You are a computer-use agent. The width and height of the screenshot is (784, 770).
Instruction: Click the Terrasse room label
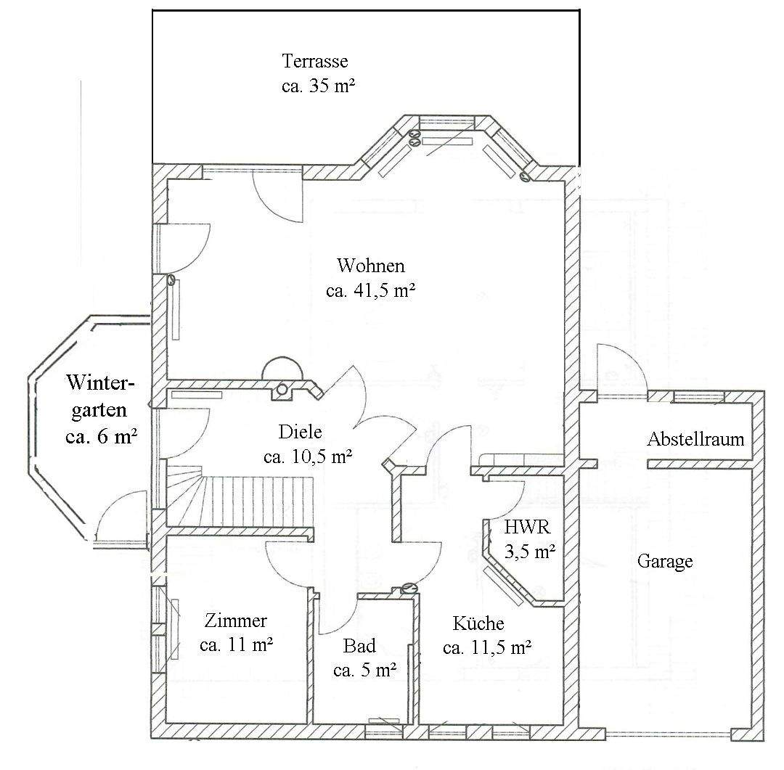[x=315, y=61]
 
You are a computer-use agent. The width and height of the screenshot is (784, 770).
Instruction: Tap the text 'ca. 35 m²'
[x=318, y=86]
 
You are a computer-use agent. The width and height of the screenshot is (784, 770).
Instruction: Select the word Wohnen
[x=370, y=265]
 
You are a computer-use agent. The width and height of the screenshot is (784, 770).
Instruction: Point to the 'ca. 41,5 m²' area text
[x=370, y=290]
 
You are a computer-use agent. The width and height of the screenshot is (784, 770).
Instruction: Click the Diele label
[x=300, y=432]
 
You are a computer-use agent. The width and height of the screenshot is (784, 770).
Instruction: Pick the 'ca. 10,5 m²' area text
[x=308, y=456]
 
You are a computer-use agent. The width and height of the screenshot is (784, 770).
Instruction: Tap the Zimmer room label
[x=235, y=620]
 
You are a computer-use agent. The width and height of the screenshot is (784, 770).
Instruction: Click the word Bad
[x=359, y=645]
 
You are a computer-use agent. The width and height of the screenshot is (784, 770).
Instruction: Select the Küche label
[x=478, y=623]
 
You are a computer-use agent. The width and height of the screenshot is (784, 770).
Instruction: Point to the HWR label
[x=527, y=526]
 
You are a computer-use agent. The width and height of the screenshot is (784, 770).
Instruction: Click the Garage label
[x=665, y=562]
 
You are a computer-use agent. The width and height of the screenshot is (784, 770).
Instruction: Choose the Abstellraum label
[x=695, y=439]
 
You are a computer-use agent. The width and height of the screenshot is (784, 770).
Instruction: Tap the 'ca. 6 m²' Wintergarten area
[x=102, y=436]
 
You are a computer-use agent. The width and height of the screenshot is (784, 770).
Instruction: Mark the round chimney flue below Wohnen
[x=282, y=389]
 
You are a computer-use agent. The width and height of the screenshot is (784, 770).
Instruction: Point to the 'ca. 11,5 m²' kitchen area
[x=487, y=647]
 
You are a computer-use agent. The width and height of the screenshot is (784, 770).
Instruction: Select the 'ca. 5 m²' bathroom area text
[x=365, y=670]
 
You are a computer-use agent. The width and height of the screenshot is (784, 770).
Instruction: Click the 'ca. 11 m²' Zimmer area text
[x=236, y=644]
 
